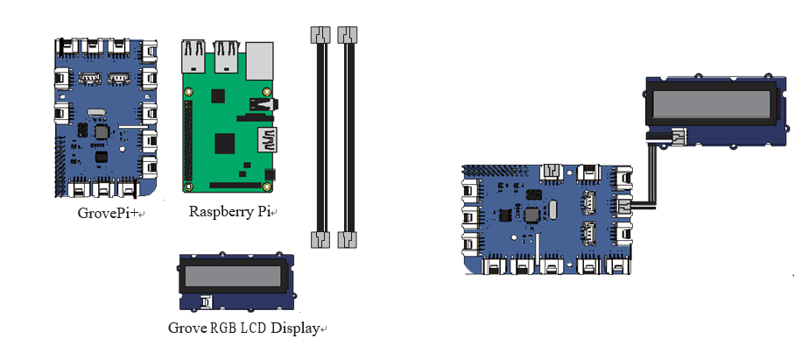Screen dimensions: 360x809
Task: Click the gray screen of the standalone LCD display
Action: pos(236,279)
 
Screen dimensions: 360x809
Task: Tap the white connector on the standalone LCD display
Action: pos(206,302)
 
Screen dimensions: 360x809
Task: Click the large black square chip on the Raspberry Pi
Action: pos(226,144)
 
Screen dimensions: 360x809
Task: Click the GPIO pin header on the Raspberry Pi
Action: pos(186,140)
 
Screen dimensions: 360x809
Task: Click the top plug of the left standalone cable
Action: pos(320,35)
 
